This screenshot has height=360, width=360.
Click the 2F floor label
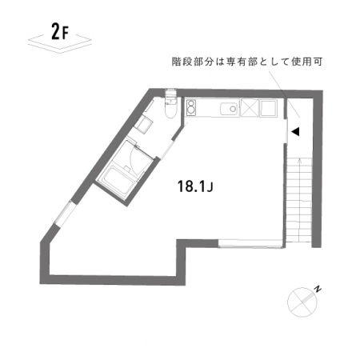pyautogui.click(x=60, y=32)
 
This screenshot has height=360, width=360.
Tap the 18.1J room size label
pyautogui.click(x=195, y=186)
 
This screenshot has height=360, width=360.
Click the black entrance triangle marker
pyautogui.click(x=295, y=131)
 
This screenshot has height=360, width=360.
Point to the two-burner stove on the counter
pyautogui.click(x=191, y=107)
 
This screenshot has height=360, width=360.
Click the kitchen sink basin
pyautogui.click(x=230, y=109)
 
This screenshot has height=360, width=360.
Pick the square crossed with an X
pyautogui.click(x=250, y=108)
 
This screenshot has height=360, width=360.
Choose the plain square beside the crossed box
pyautogui.click(x=269, y=108)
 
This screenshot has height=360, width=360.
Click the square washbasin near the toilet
pyautogui.click(x=143, y=124)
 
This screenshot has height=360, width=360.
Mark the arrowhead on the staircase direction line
pyautogui.click(x=299, y=160)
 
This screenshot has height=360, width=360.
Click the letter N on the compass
pyautogui.click(x=318, y=289)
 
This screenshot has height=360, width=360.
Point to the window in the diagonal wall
pyautogui.click(x=63, y=214)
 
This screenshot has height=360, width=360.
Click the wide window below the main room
pyautogui.click(x=250, y=244)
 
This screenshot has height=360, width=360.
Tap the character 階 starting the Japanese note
pyautogui.click(x=177, y=62)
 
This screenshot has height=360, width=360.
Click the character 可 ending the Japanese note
pyautogui.click(x=318, y=62)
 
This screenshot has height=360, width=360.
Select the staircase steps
pyautogui.click(x=299, y=200)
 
